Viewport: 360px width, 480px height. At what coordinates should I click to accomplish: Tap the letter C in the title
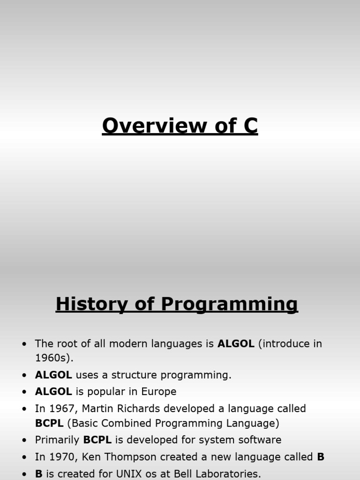250,126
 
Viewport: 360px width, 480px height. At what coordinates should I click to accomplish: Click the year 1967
61,408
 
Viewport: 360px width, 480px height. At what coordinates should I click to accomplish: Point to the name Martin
97,408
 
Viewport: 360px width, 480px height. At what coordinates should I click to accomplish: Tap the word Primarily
57,440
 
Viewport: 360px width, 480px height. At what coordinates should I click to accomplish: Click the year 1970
61,457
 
